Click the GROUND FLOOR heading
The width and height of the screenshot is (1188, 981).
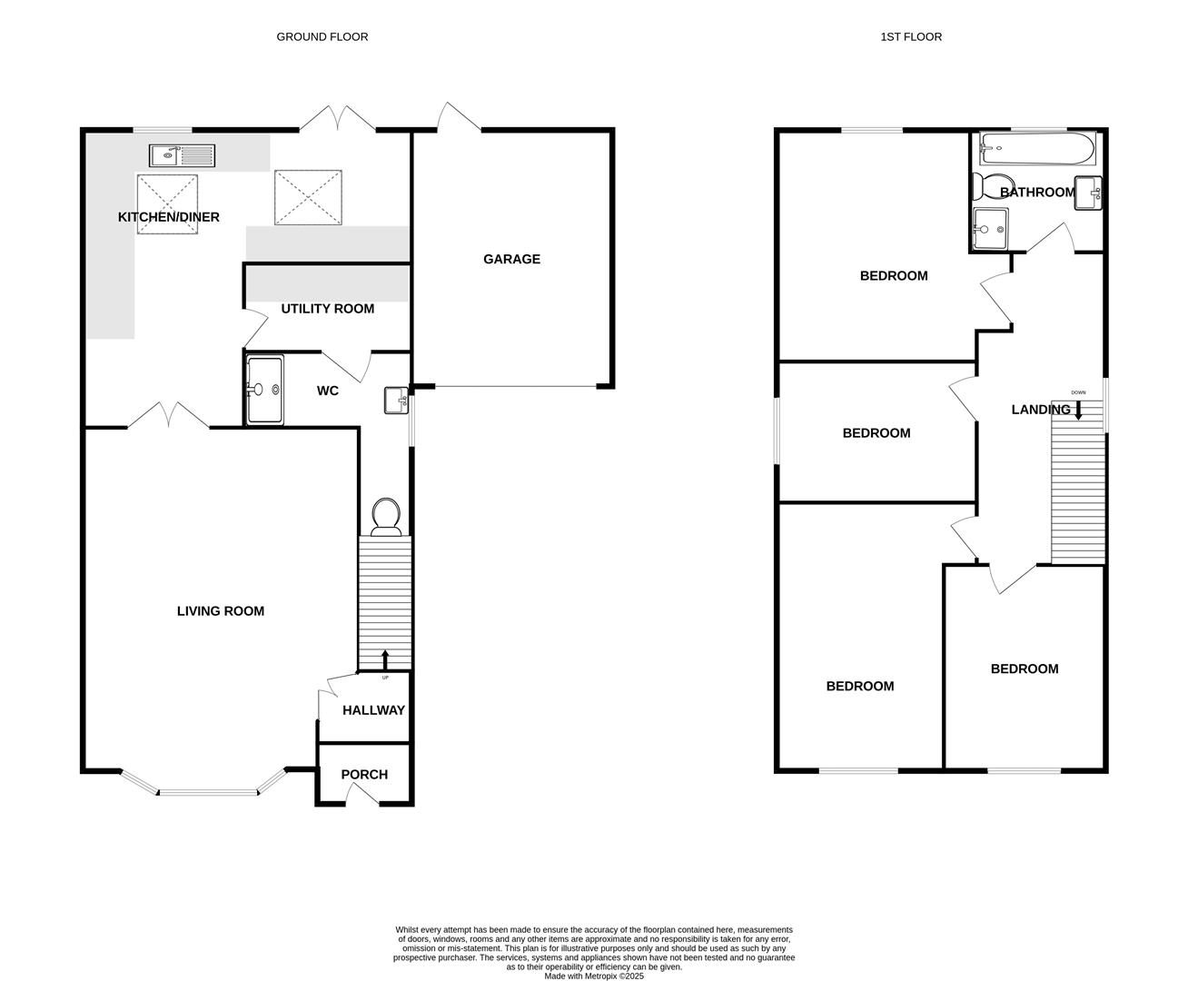tap(322, 37)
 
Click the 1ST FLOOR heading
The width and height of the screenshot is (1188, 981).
tap(910, 37)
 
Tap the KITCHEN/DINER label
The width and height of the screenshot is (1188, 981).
tap(168, 217)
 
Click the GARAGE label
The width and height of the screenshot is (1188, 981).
tap(511, 260)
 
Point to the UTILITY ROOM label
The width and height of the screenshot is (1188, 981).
tap(327, 309)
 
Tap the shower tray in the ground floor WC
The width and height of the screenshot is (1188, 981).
tap(265, 390)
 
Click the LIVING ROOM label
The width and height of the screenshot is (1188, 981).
tap(220, 611)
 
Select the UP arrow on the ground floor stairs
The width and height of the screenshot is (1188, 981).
tap(384, 659)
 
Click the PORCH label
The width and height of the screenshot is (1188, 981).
tap(364, 775)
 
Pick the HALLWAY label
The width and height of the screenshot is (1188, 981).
tap(373, 710)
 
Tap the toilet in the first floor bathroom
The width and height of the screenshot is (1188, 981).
tap(985, 187)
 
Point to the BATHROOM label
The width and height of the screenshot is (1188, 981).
tap(1037, 193)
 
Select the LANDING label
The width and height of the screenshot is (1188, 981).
tap(1040, 410)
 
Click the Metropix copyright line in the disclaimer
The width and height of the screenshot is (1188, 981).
tap(594, 976)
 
